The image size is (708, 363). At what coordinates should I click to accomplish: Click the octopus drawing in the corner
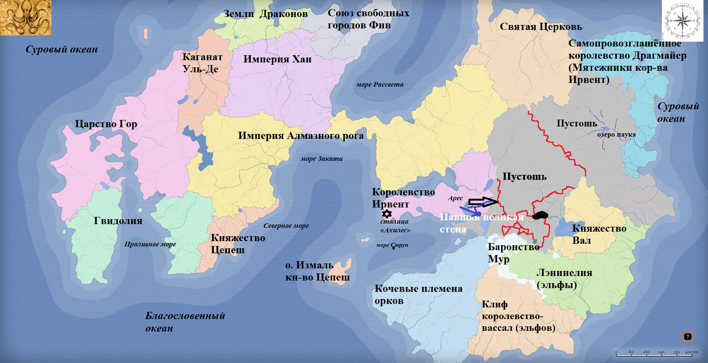(x=25, y=17)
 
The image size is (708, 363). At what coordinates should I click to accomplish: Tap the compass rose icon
(x=682, y=20)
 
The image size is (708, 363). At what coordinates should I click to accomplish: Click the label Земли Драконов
(x=265, y=14)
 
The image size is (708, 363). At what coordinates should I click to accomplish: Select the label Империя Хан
(x=277, y=59)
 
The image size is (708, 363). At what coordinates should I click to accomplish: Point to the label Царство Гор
(x=106, y=124)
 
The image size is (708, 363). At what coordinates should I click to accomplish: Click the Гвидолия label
(x=118, y=221)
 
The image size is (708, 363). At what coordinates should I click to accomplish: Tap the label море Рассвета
(x=380, y=84)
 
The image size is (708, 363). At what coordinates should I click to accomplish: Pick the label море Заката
(x=321, y=159)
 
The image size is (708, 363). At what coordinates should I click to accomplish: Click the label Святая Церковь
(x=540, y=27)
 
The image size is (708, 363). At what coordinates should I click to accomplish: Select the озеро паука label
(x=616, y=135)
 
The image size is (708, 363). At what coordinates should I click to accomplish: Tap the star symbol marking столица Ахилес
(x=386, y=214)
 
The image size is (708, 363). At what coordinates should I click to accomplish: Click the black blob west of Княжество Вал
(x=540, y=215)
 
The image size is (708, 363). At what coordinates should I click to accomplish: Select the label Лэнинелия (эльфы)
(x=564, y=279)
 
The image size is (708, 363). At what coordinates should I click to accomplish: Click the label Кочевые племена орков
(x=418, y=294)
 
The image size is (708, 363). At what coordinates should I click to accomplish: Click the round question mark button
(x=688, y=337)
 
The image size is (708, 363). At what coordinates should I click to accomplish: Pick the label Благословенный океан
(x=185, y=322)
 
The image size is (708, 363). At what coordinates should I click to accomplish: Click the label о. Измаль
(x=309, y=265)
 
